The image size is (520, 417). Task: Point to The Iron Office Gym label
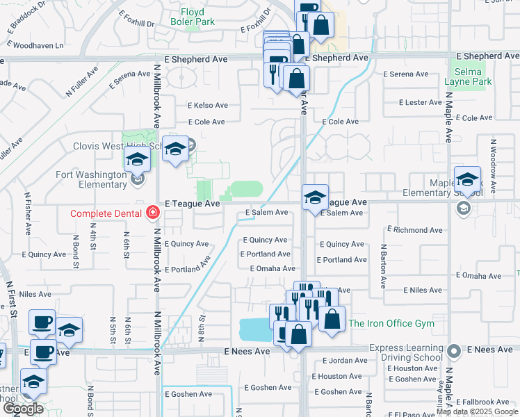pos(391,323)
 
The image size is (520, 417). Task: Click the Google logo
pos(22,408)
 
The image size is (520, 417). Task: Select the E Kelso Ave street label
pos(207,106)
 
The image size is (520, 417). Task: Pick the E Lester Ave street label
pos(420,102)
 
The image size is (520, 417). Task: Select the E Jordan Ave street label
pos(346,360)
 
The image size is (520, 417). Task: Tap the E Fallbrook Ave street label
pos(485,402)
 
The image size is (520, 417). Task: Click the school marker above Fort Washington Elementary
pos(137,161)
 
